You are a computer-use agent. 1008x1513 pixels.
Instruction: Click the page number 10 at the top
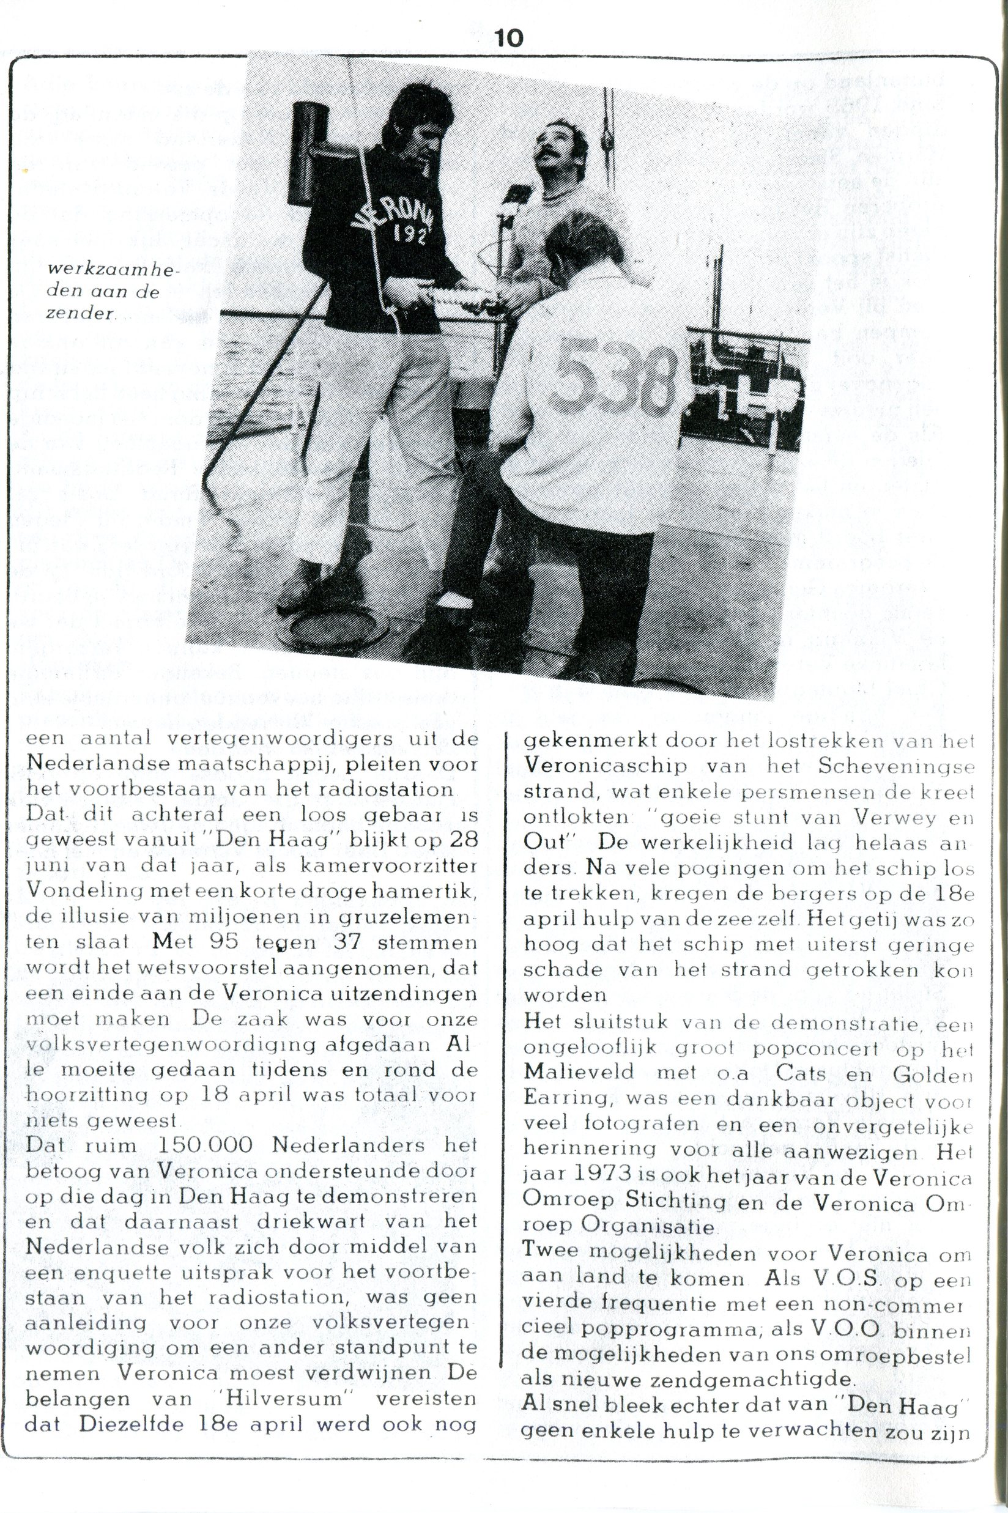(x=509, y=39)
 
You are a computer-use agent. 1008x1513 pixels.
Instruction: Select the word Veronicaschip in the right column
(x=605, y=766)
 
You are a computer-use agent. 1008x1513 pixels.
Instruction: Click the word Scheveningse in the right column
(x=897, y=766)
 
